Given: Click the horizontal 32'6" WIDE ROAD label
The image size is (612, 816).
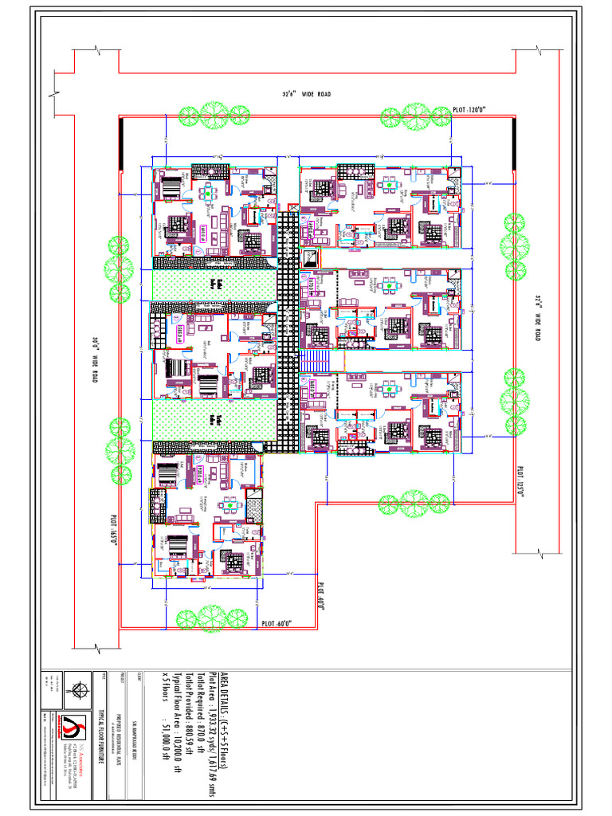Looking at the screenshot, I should [306, 94].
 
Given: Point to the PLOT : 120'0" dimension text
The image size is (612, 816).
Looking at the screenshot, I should [469, 109].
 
